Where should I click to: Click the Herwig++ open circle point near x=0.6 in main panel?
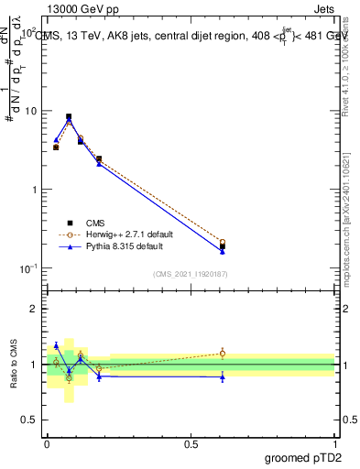tap(223, 242)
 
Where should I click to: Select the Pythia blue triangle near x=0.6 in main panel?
tap(223, 251)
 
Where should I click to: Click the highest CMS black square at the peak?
tap(69, 116)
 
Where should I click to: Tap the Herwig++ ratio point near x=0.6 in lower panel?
tap(223, 353)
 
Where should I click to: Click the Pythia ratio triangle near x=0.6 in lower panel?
tap(223, 376)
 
